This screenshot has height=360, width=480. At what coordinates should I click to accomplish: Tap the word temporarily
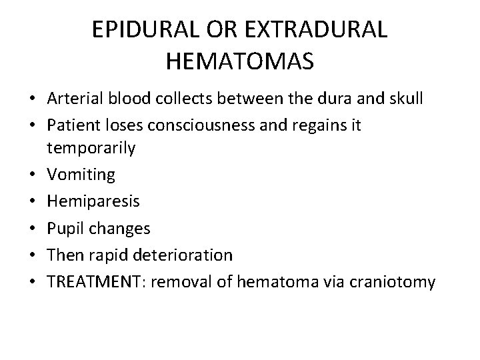[91, 147]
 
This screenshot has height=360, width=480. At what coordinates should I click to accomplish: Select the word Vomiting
[81, 175]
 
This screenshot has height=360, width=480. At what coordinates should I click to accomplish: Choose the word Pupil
[65, 228]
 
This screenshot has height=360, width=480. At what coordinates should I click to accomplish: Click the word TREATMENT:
[98, 281]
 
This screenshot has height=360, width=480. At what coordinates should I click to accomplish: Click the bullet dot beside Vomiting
[31, 175]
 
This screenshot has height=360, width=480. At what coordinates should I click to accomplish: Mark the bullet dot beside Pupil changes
[31, 228]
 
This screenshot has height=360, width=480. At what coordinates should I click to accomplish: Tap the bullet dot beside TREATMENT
[31, 281]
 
